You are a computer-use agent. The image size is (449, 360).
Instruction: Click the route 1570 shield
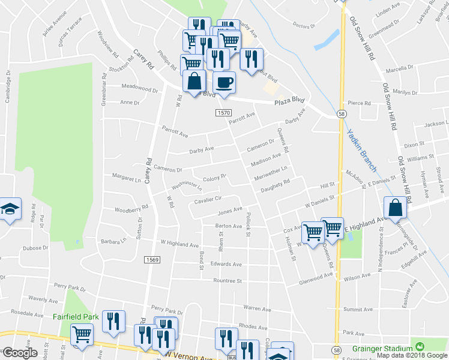pyautogui.click(x=223, y=113)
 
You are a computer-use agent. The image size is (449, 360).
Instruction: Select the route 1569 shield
pyautogui.click(x=151, y=260)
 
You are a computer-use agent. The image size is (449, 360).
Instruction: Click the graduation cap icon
pyautogui.click(x=8, y=209)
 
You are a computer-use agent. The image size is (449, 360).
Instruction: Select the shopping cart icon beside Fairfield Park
pyautogui.click(x=82, y=334)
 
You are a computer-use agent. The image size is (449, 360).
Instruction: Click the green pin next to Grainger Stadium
pyautogui.click(x=420, y=347)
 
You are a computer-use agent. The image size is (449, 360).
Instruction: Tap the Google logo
pyautogui.click(x=20, y=353)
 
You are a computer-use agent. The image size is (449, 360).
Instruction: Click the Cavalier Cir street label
pyautogui.click(x=207, y=199)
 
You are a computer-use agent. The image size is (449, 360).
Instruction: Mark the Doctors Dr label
pyautogui.click(x=304, y=26)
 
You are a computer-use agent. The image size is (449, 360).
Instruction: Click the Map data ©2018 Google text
pyautogui.click(x=411, y=355)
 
